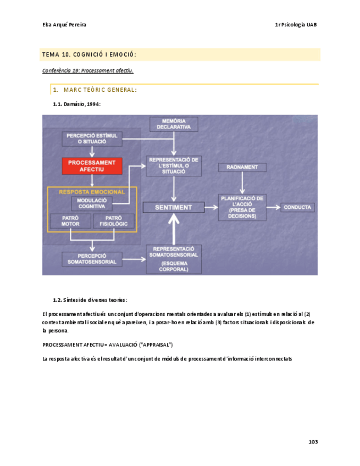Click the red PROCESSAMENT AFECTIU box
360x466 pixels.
coord(92,166)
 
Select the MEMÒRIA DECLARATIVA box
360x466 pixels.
coord(174,124)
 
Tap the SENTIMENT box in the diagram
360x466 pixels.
coord(174,207)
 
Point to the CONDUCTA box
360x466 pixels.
coord(298,208)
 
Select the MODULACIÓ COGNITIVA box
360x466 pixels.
coord(92,203)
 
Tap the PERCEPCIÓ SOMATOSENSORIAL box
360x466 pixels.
coord(92,259)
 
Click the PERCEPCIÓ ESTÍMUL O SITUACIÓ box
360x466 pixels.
coord(92,138)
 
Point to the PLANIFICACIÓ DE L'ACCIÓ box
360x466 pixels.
coord(242,207)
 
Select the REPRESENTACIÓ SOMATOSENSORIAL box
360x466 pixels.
coord(174,259)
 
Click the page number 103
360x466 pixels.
coord(313,442)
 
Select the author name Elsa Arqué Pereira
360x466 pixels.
coord(64,25)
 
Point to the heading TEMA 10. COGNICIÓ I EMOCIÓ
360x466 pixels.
coord(89,54)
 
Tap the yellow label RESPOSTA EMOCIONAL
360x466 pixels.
coord(92,192)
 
